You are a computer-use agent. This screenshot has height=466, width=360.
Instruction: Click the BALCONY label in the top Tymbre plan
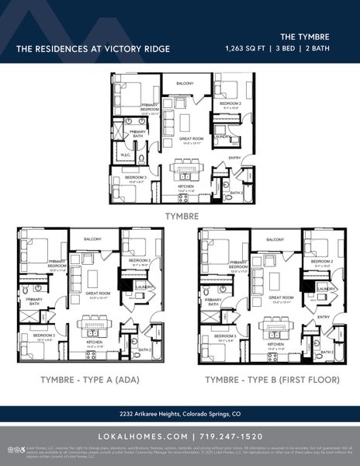184,83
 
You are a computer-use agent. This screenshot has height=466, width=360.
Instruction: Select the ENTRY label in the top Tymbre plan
234,158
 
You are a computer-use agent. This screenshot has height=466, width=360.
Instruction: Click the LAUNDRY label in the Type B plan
325,289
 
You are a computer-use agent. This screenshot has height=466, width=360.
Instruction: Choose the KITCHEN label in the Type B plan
275,343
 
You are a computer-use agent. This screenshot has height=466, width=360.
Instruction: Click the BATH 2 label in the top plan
237,192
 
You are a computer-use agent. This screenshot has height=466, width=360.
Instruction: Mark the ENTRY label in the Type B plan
324,317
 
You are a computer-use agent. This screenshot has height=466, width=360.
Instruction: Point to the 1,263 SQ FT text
244,48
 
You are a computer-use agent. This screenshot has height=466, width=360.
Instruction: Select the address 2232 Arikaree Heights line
180,413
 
